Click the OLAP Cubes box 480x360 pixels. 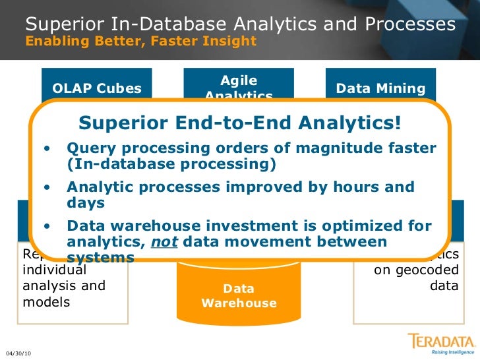[x=96, y=88]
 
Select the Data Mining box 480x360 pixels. [x=380, y=88]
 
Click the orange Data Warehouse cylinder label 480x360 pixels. [x=239, y=296]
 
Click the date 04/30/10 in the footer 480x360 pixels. [x=18, y=354]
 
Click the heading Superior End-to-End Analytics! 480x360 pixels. [x=239, y=123]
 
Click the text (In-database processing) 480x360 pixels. [x=171, y=164]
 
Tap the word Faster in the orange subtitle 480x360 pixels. [x=181, y=42]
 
